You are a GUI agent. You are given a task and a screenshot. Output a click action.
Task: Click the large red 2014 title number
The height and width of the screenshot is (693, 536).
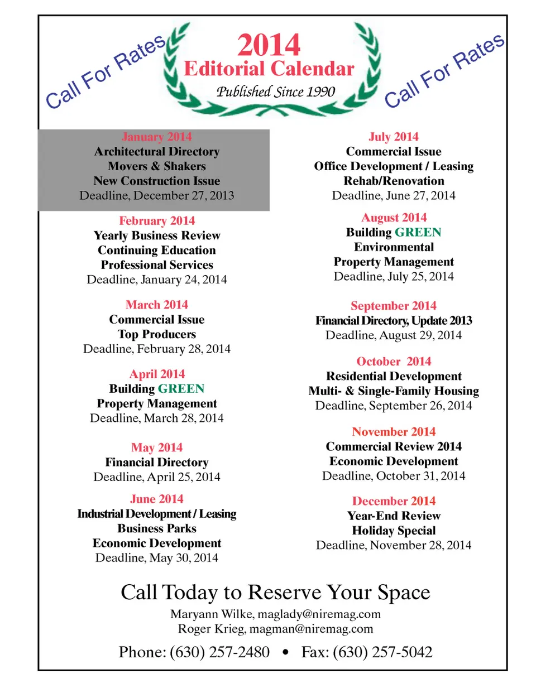(269, 45)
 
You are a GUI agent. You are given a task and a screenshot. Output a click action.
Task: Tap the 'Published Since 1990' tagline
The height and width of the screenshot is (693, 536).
(275, 92)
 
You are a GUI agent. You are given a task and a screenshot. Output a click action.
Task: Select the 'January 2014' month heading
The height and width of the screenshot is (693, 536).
(156, 137)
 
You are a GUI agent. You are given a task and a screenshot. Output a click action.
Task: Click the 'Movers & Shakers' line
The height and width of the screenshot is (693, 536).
(156, 166)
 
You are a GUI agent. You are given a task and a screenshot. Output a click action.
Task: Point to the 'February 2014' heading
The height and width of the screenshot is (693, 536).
(157, 221)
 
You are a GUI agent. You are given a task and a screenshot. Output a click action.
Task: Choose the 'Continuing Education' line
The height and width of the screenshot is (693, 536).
(156, 250)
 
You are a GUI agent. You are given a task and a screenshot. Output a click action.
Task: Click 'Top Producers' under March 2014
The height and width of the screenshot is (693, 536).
(157, 334)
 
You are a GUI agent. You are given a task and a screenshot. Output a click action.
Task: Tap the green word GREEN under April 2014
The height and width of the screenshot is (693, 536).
(181, 389)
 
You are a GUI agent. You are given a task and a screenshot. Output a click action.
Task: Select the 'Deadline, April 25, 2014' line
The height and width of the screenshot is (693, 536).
(157, 477)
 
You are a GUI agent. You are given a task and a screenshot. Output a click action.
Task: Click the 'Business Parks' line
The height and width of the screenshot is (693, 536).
(157, 528)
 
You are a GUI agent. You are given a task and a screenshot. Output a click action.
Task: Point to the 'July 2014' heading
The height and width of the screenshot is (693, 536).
(394, 137)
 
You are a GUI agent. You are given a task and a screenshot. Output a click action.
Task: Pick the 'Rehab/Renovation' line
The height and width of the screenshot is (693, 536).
(394, 181)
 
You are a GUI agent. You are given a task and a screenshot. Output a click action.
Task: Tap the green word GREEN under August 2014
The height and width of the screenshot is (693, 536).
(418, 232)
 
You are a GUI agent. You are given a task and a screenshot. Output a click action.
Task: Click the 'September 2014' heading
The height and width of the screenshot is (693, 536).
(394, 306)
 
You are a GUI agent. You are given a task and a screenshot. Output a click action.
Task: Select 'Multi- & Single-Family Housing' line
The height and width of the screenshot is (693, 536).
(394, 391)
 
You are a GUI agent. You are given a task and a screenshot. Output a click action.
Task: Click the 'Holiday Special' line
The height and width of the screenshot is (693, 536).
(394, 531)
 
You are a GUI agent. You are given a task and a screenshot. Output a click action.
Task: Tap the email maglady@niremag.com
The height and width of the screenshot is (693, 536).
(319, 614)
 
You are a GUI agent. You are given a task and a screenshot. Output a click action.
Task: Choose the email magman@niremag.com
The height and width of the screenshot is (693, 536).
(311, 629)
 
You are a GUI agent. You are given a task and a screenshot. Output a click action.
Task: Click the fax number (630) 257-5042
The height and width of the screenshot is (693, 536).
(382, 652)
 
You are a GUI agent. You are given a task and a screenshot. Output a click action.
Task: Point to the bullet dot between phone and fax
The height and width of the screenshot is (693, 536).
(286, 652)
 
